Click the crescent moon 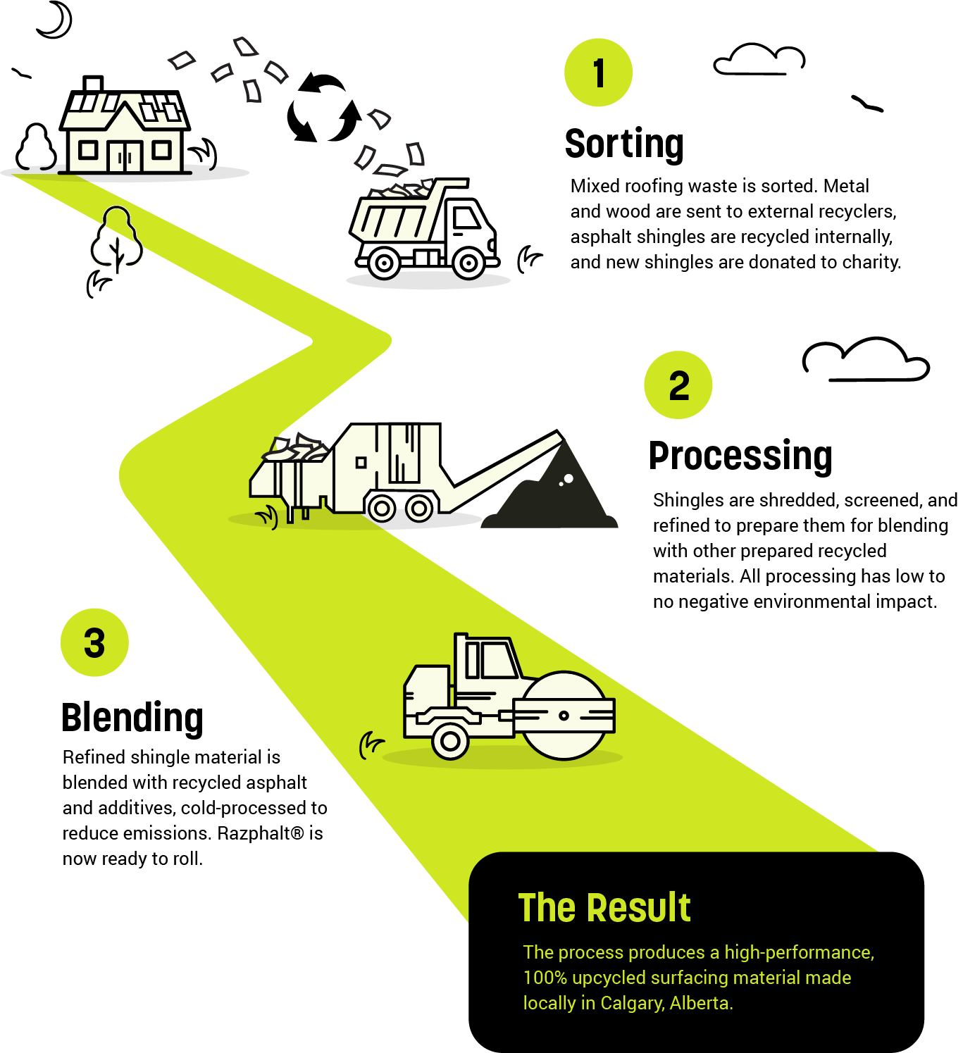click(x=56, y=21)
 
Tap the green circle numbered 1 click(x=599, y=73)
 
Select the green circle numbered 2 click(x=678, y=385)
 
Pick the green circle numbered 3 click(x=94, y=642)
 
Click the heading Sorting click(x=624, y=144)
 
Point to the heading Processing click(x=740, y=456)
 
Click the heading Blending click(x=132, y=718)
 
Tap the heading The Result click(x=604, y=907)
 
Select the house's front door click(x=125, y=155)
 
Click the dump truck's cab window click(x=466, y=219)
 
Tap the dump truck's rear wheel click(x=384, y=263)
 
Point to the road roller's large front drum click(x=564, y=716)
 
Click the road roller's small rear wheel click(x=450, y=741)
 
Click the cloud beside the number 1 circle click(x=759, y=61)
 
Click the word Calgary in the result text click(x=632, y=1003)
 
